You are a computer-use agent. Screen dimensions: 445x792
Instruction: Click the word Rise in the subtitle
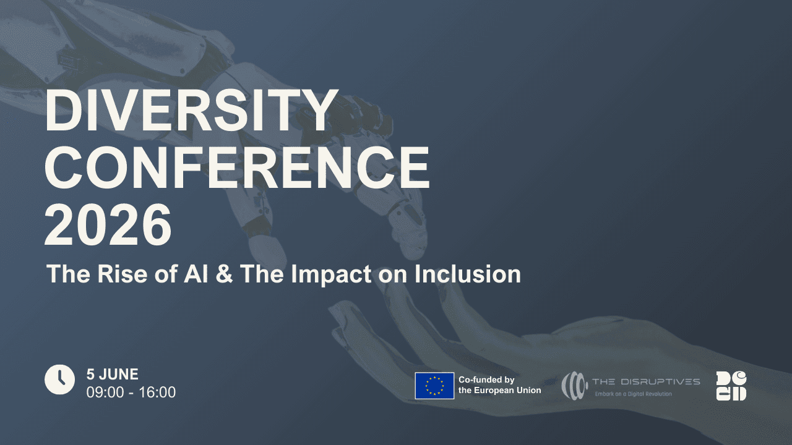(x=124, y=274)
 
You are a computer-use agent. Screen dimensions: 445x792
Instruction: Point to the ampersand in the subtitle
(x=225, y=274)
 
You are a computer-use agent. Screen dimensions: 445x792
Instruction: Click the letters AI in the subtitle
(x=196, y=274)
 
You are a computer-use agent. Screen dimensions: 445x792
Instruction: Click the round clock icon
(x=59, y=379)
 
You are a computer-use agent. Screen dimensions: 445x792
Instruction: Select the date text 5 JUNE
(x=112, y=374)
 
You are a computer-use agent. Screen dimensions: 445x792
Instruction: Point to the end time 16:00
(x=157, y=392)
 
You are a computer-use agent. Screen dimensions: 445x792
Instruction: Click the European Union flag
(x=434, y=386)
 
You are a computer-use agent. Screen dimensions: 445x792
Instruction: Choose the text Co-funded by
(x=486, y=379)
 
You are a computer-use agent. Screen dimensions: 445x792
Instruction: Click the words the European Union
(x=499, y=390)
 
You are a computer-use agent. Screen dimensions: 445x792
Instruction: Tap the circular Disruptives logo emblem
(x=573, y=385)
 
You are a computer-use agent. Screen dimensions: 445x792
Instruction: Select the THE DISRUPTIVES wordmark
(x=646, y=381)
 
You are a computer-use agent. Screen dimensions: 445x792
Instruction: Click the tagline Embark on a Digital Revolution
(x=633, y=394)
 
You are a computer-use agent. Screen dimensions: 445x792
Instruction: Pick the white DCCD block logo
(x=731, y=386)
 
